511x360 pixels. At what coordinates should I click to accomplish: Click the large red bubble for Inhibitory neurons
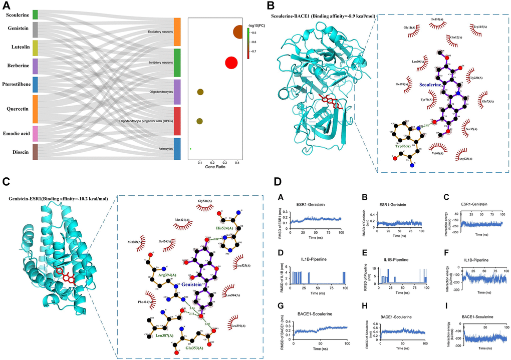tap(231, 63)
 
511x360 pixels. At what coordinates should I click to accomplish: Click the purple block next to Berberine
tap(35, 66)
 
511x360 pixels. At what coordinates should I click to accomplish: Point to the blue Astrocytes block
tap(177, 149)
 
